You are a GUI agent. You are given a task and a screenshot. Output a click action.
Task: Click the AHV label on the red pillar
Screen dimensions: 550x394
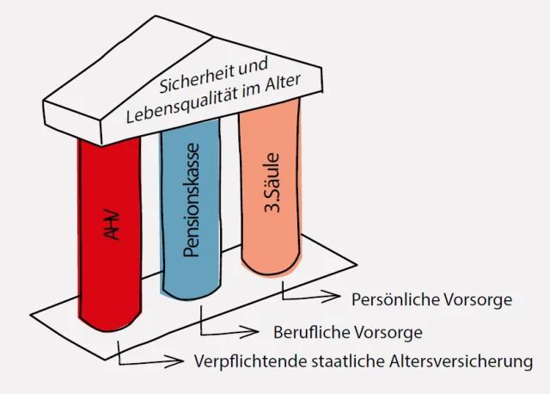point(113,225)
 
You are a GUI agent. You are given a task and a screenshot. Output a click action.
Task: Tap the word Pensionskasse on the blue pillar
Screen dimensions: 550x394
point(192,200)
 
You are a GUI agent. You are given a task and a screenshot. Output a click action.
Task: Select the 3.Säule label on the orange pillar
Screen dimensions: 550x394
point(272,183)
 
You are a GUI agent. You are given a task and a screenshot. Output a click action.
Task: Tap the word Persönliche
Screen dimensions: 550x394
point(395,299)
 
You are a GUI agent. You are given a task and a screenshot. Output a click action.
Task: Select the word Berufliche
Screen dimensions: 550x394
point(310,332)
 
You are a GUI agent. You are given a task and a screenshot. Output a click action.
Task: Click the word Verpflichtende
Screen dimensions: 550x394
point(250,361)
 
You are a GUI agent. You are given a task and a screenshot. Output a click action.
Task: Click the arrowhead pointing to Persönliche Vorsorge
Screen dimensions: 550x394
point(332,297)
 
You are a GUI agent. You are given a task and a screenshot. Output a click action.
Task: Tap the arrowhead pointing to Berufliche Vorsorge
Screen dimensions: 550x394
point(250,332)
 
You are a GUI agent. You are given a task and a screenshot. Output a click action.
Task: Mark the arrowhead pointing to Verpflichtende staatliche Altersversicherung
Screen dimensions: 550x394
point(174,361)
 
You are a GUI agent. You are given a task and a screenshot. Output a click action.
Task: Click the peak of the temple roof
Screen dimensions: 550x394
point(156,15)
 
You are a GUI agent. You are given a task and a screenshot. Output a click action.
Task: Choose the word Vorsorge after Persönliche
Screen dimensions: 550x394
point(478,300)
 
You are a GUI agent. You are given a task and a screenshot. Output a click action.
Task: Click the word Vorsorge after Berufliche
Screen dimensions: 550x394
point(388,333)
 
